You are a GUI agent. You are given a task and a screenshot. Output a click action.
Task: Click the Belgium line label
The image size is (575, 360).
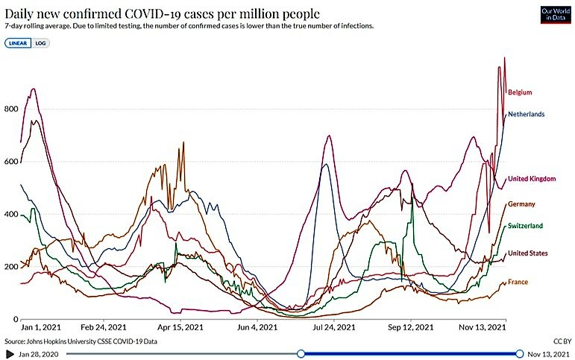click(x=519, y=92)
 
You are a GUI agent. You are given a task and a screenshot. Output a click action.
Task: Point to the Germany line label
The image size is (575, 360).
click(x=522, y=203)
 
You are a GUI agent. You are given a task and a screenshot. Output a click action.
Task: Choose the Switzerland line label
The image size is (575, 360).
click(x=525, y=226)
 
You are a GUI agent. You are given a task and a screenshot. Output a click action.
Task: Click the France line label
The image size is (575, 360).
click(x=518, y=282)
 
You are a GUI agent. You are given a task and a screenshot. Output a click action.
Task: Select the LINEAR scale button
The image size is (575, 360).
click(x=18, y=43)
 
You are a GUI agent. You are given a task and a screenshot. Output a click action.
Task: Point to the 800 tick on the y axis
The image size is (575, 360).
click(x=10, y=110)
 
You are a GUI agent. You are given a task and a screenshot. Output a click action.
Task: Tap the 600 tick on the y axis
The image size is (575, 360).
click(x=10, y=162)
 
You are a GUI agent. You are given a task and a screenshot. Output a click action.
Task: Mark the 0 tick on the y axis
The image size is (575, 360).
click(x=15, y=320)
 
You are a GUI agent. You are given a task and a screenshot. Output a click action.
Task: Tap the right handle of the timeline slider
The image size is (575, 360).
click(x=519, y=353)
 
